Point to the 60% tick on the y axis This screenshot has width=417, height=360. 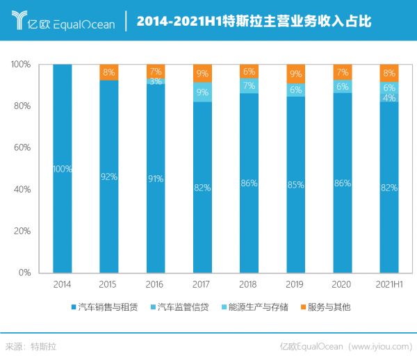click(x=20, y=147)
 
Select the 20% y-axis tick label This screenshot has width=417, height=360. click(x=20, y=231)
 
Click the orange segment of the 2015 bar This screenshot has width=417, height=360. click(x=109, y=72)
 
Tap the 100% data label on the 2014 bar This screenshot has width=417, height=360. click(x=63, y=169)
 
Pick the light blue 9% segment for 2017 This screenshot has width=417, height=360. click(x=202, y=92)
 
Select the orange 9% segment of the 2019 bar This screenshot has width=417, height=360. click(x=296, y=74)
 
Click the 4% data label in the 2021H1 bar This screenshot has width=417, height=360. click(x=389, y=98)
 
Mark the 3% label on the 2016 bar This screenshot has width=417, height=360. click(x=156, y=81)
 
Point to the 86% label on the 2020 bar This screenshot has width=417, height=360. click(x=343, y=183)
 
